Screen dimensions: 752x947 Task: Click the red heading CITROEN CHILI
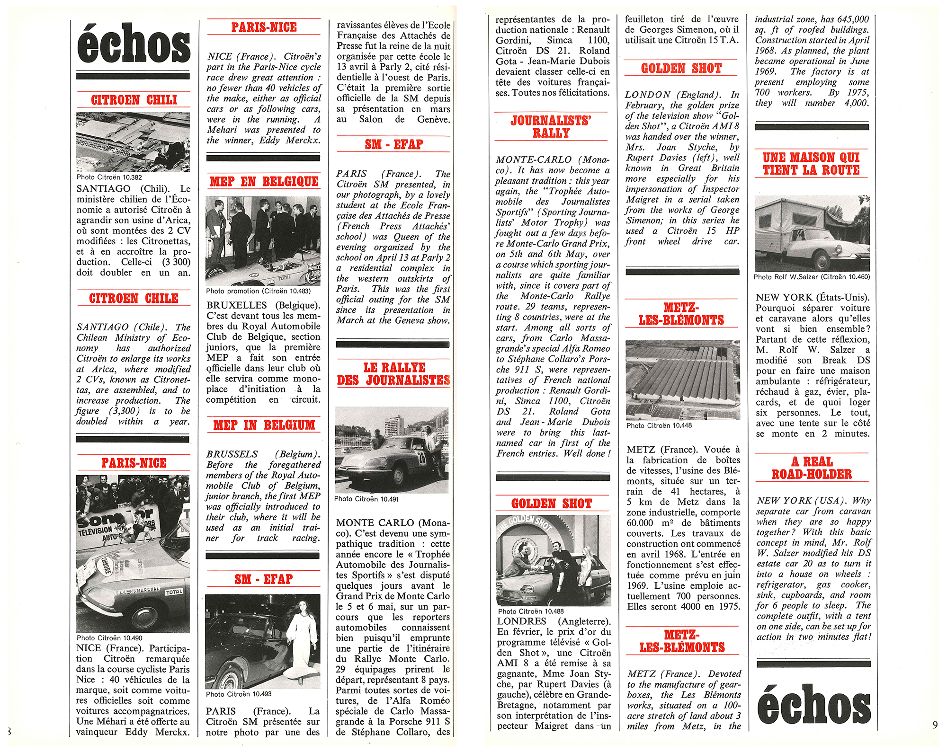tap(134, 100)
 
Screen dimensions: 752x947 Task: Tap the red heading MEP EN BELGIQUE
tap(264, 182)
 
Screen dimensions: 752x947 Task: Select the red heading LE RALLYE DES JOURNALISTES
tap(393, 374)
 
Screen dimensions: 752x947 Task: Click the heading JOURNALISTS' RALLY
tap(551, 127)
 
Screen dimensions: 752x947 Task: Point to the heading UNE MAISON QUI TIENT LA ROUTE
tap(811, 164)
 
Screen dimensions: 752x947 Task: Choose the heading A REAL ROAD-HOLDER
tap(812, 468)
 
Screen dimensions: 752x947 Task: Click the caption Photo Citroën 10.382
tap(109, 177)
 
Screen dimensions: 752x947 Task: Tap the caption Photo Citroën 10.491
tap(366, 499)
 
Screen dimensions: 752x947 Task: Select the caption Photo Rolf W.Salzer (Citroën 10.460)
tap(812, 277)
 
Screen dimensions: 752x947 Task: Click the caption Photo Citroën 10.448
tap(659, 425)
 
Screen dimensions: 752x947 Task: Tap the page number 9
tap(935, 725)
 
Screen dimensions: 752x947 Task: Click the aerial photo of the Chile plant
tap(133, 142)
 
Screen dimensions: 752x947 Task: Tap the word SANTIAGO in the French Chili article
tap(104, 189)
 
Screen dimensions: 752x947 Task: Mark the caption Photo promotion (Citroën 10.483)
tap(258, 291)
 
